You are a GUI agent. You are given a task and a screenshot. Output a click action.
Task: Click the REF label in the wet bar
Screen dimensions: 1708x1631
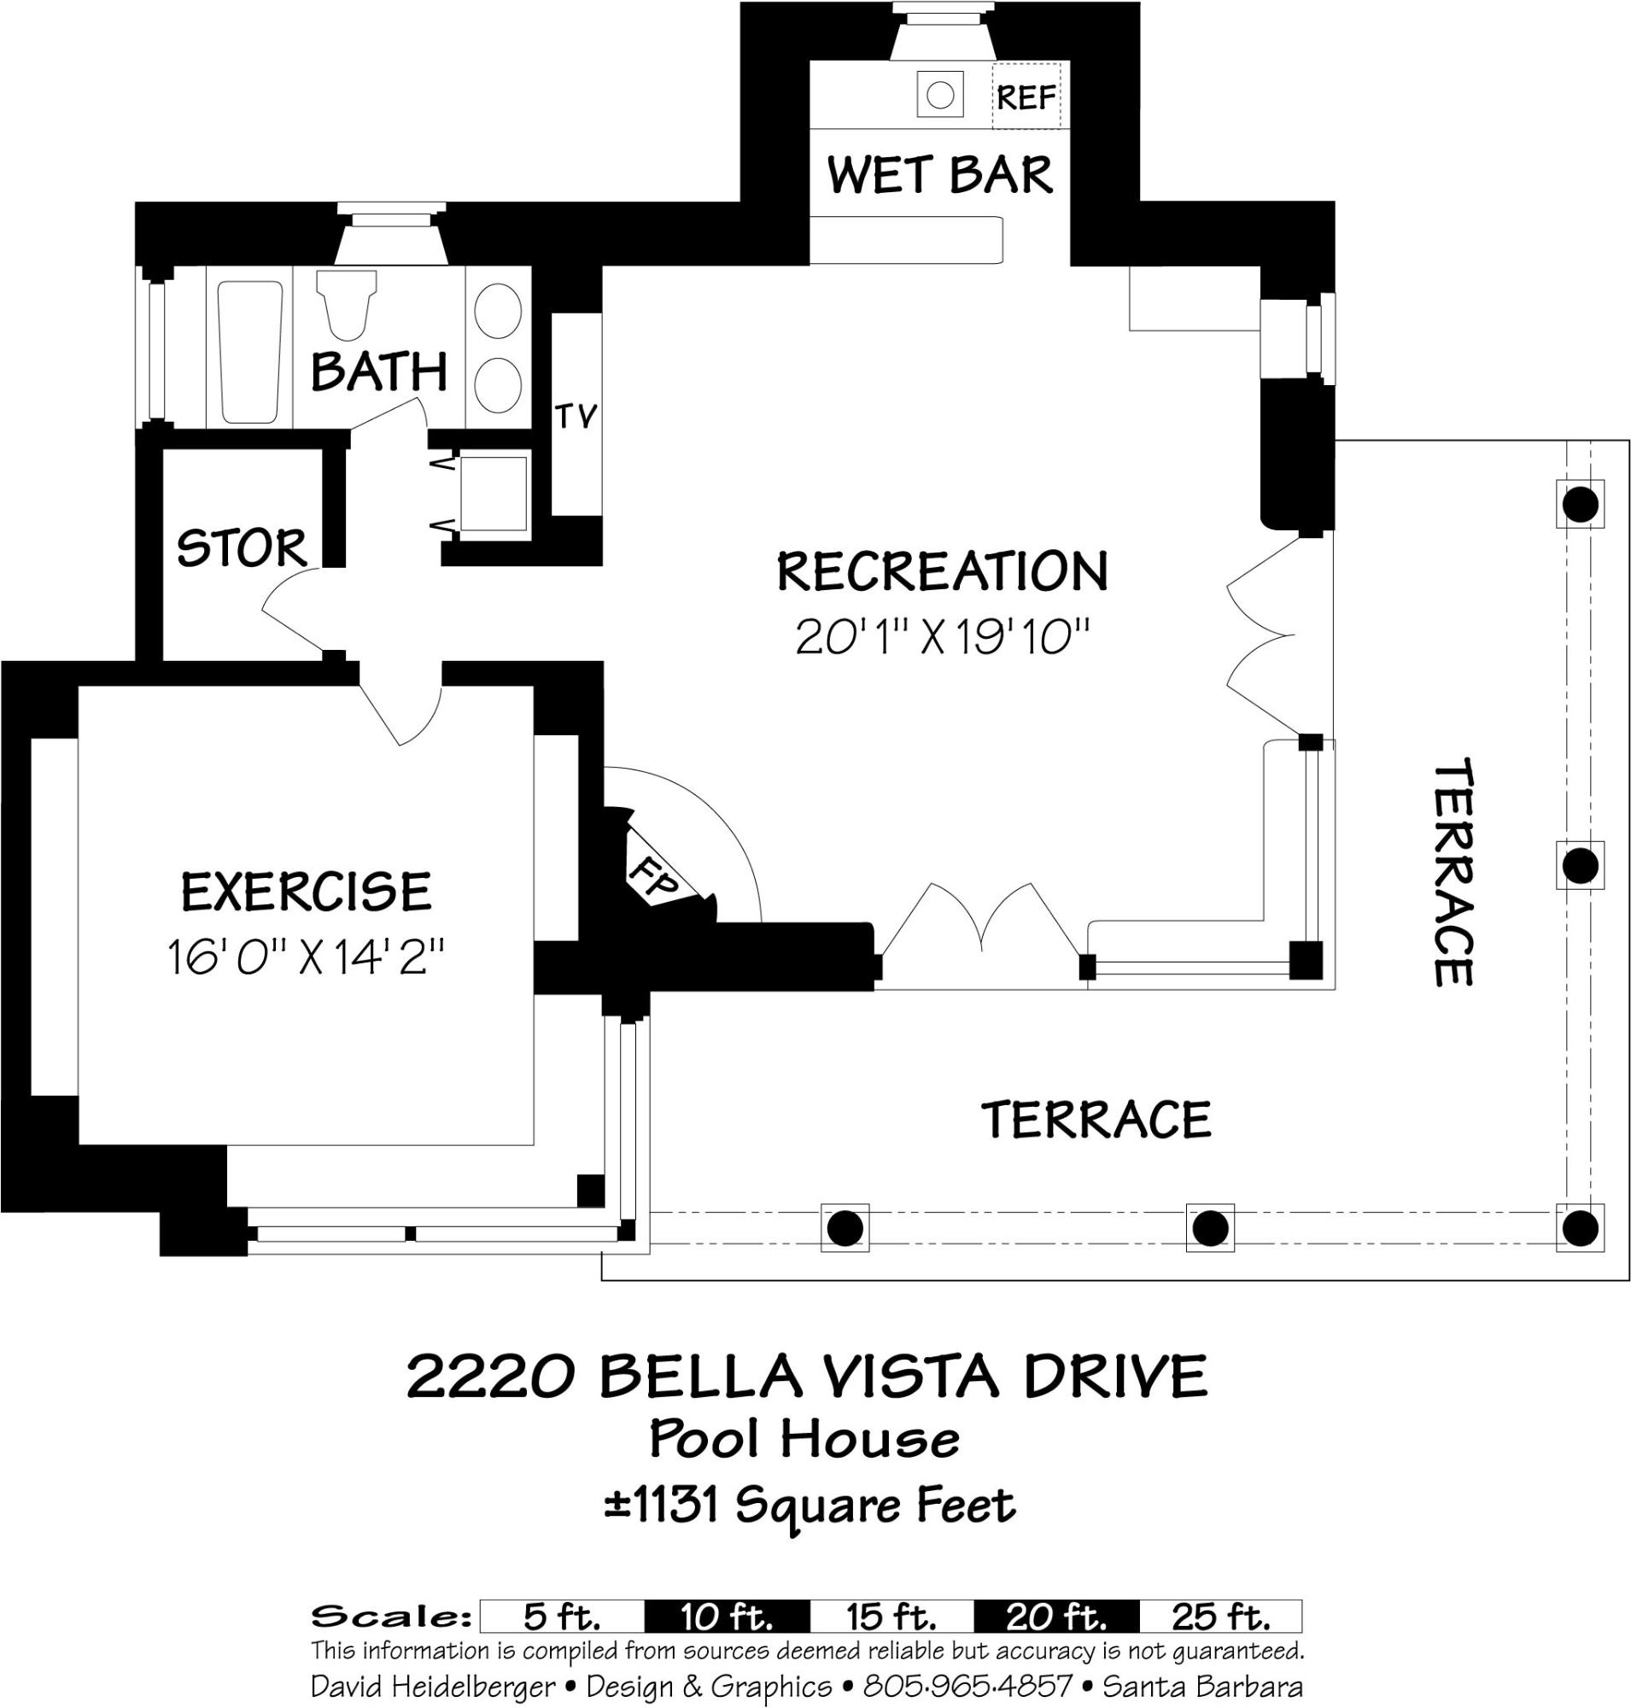(x=1026, y=97)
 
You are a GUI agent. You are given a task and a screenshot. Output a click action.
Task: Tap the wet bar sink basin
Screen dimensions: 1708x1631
(x=940, y=95)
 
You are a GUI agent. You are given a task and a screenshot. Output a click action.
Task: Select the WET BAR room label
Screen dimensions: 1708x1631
(x=940, y=175)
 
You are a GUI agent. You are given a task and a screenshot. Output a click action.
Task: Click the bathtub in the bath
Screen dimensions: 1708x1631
(x=249, y=350)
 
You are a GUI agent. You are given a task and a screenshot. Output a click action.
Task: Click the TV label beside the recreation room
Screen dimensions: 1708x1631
(x=576, y=417)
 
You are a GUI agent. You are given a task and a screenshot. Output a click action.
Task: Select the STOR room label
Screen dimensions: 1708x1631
(x=242, y=548)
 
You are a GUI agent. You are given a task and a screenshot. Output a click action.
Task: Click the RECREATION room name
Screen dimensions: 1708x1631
(x=943, y=571)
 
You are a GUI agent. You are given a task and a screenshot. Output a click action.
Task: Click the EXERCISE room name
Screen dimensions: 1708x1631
(x=306, y=892)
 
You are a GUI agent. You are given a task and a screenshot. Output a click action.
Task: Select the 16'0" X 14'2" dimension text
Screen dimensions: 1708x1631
(x=306, y=958)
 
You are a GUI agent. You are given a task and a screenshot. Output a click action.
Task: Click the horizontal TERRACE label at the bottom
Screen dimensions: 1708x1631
(x=1096, y=1120)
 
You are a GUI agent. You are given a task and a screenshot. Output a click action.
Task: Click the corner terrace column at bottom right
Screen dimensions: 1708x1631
(x=1580, y=1228)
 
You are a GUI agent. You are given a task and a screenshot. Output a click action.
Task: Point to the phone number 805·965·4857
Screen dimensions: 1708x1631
(x=967, y=1687)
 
